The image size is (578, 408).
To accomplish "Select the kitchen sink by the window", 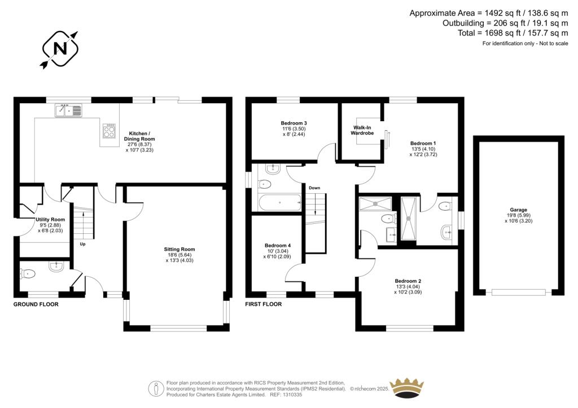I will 69,111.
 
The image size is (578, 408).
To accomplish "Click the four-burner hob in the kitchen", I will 108,131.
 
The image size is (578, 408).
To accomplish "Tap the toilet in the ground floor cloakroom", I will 28,274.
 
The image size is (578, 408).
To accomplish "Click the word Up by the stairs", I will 82,245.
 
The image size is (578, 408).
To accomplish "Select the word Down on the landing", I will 314,188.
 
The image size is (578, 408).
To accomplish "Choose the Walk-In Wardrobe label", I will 363,131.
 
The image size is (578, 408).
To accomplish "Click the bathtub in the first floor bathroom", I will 280,201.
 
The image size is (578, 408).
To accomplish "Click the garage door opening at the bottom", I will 518,292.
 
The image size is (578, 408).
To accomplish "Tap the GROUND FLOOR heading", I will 36,304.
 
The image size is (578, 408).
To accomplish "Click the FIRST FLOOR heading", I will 264,304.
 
